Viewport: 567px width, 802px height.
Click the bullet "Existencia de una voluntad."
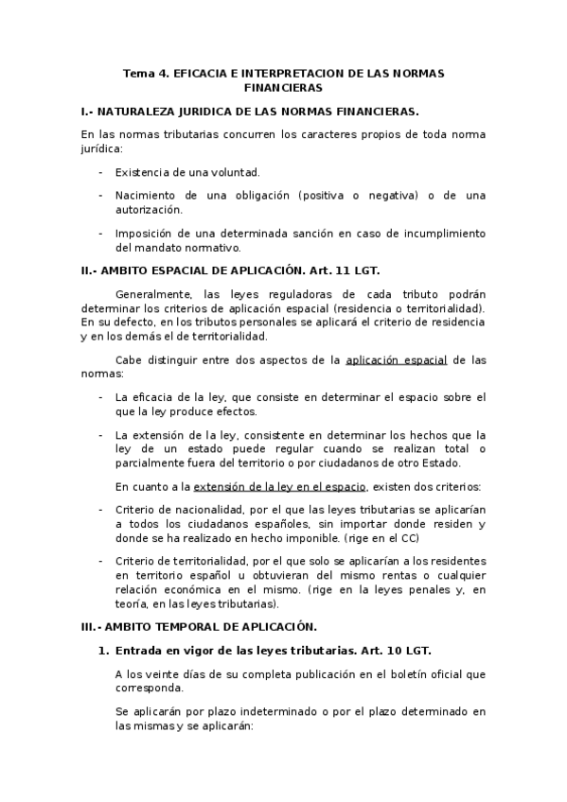tap(187, 172)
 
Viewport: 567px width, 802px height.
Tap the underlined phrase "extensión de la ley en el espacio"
tap(280, 487)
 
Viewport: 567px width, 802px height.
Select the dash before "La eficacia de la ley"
tap(100, 396)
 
